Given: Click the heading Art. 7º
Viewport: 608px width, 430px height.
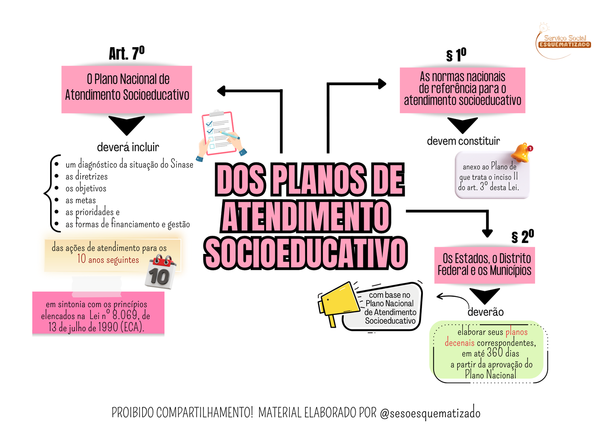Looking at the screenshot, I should click(127, 53).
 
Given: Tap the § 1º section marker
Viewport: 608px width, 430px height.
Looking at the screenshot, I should click(456, 55).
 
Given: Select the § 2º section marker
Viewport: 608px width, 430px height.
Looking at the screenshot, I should click(522, 237).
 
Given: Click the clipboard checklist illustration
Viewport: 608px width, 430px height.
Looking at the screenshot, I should click(220, 134).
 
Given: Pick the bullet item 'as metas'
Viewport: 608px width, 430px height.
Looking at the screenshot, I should click(81, 200).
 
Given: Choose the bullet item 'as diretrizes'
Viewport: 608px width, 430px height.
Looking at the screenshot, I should click(87, 176).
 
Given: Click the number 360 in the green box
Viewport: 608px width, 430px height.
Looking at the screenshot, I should click(495, 353).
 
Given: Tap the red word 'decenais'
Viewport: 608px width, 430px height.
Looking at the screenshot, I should click(459, 343).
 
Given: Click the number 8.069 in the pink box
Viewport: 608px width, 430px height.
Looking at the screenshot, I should click(125, 315).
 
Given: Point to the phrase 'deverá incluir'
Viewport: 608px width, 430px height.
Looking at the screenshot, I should click(128, 147).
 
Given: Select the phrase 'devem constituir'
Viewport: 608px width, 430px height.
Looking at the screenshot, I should click(463, 141).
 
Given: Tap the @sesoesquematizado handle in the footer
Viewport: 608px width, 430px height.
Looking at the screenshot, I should click(430, 413).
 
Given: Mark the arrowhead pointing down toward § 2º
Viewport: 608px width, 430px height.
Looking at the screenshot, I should click(487, 233).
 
